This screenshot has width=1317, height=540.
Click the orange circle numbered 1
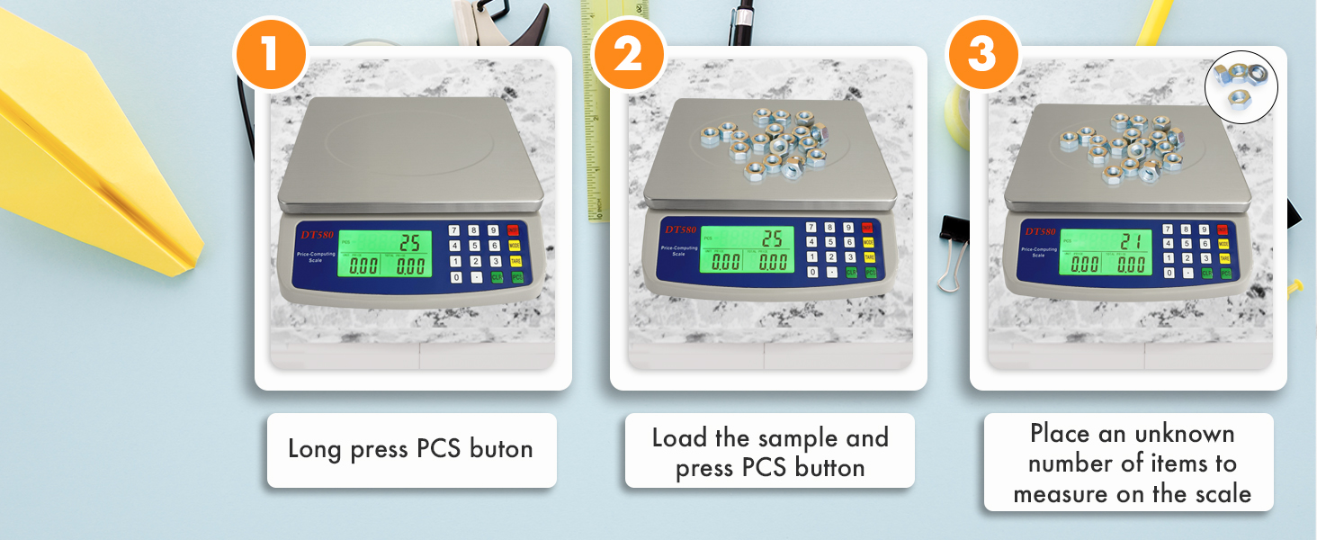(271, 55)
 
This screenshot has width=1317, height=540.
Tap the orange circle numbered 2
(627, 55)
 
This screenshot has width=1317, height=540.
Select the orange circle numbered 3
(981, 55)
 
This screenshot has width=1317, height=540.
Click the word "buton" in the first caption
(501, 449)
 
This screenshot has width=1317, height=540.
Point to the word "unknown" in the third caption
(1184, 434)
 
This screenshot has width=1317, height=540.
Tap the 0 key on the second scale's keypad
(813, 272)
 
